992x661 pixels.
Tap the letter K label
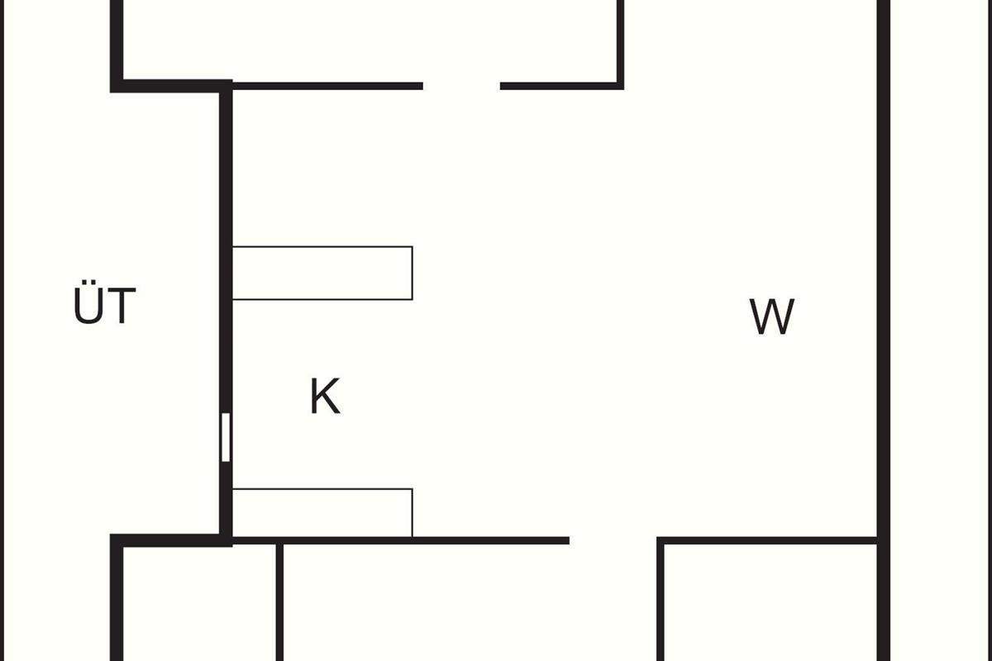pos(325,397)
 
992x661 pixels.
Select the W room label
pos(772,316)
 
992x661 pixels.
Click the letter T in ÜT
pos(121,307)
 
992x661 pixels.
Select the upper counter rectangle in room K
pos(322,273)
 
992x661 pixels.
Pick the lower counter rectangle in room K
pos(322,512)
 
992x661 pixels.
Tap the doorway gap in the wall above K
pos(461,85)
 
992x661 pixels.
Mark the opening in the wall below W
pos(613,541)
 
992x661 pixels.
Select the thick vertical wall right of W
pos(883,314)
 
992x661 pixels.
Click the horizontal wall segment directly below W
pos(769,541)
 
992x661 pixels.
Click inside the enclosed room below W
pos(769,603)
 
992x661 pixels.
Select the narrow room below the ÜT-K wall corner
pos(198,603)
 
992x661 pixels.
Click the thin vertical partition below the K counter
pos(279,603)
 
